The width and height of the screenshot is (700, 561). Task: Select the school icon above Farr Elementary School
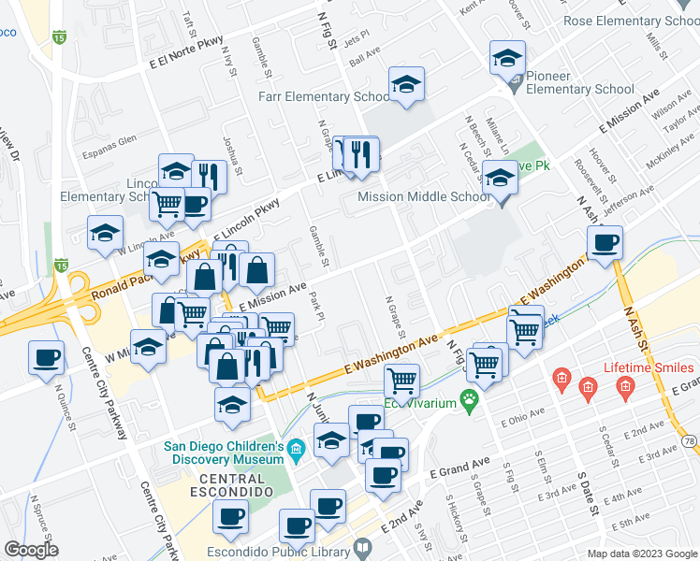[407, 85]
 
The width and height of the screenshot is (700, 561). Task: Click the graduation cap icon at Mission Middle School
[501, 177]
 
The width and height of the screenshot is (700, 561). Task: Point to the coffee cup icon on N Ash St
[605, 244]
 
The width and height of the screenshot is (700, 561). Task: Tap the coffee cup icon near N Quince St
[46, 356]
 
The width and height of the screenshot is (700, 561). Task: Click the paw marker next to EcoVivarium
[469, 403]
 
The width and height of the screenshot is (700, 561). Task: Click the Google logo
[32, 549]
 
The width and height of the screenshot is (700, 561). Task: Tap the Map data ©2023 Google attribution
[641, 554]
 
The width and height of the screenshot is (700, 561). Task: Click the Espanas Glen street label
[109, 146]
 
